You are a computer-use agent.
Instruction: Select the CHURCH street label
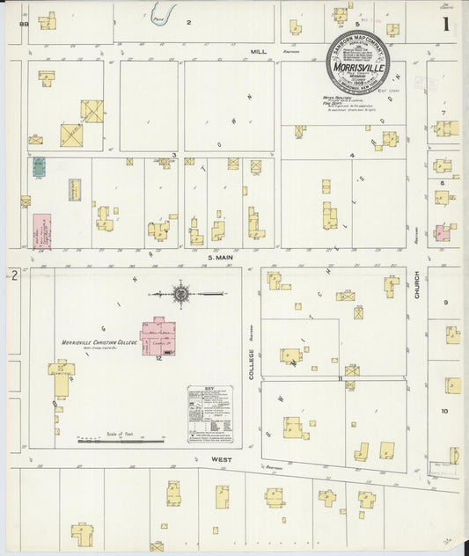click(416, 289)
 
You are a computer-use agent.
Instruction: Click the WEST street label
click(220, 458)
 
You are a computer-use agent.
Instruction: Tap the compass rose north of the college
click(180, 293)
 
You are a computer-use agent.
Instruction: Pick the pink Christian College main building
click(158, 335)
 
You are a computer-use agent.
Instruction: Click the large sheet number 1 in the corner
click(448, 24)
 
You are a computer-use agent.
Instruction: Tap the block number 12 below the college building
click(159, 359)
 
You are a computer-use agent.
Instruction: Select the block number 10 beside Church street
click(444, 411)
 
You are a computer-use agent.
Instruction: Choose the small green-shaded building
click(39, 166)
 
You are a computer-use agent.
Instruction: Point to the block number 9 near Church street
click(445, 303)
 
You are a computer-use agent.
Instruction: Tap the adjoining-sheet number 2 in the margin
click(15, 275)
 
